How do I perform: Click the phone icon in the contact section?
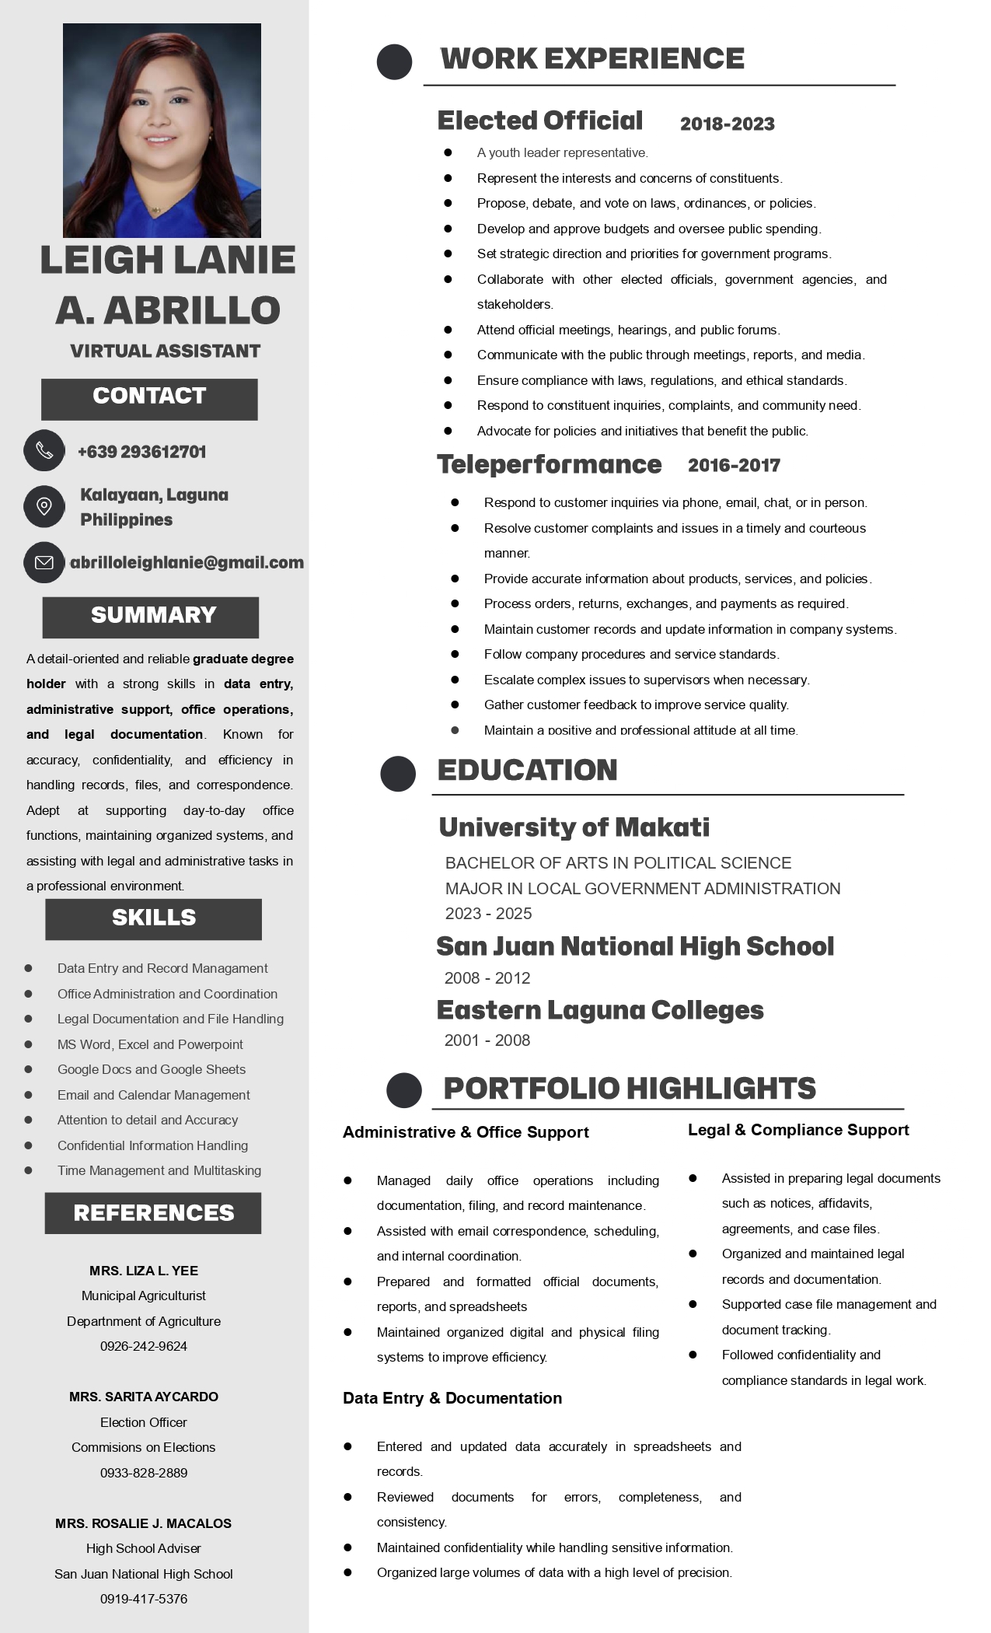[x=44, y=450]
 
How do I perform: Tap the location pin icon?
[x=44, y=506]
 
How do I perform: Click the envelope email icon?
[x=44, y=562]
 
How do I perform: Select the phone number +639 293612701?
[x=141, y=452]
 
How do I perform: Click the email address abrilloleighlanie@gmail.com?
[x=187, y=562]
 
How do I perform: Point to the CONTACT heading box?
[x=149, y=399]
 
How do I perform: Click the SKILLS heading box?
[x=153, y=919]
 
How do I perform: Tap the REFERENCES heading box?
[x=153, y=1213]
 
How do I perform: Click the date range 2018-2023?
[x=727, y=124]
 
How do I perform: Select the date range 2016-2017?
[x=734, y=465]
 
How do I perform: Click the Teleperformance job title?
[x=549, y=464]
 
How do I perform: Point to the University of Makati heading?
[x=574, y=827]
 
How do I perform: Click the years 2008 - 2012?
[x=487, y=978]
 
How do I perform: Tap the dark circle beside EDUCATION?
[x=398, y=774]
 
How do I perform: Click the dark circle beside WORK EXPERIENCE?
[x=394, y=61]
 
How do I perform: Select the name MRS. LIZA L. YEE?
[x=144, y=1271]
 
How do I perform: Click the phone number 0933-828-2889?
[x=144, y=1473]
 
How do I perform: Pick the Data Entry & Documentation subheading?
[x=452, y=1398]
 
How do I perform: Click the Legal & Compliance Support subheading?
[x=798, y=1130]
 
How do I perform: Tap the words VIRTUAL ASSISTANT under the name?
[x=165, y=351]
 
